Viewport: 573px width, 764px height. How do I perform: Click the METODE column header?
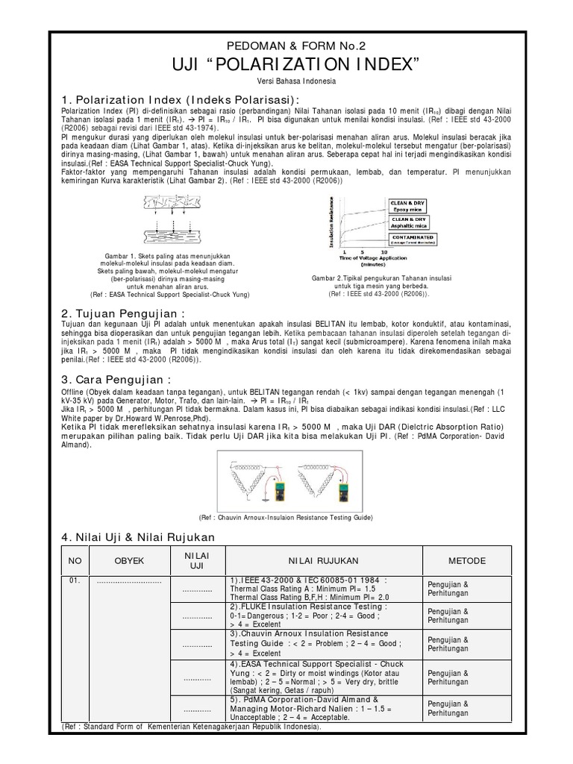467,560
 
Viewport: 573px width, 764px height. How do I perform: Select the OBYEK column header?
129,560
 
